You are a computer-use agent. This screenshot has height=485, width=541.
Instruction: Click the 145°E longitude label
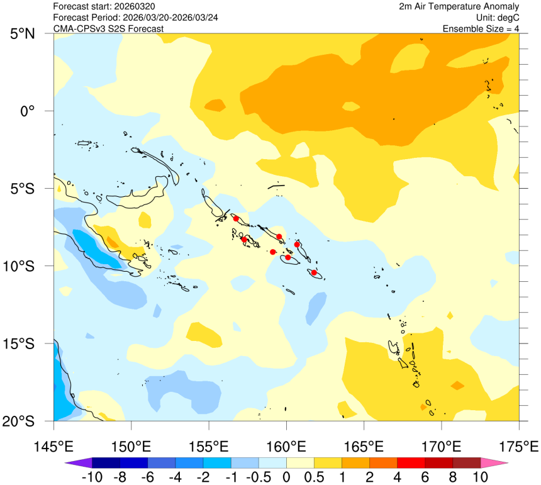(x=53, y=447)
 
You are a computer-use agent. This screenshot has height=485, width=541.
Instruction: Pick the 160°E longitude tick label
(x=286, y=447)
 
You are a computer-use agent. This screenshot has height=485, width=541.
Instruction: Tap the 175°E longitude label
(x=519, y=447)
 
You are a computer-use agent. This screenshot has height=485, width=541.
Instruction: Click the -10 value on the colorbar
(x=92, y=477)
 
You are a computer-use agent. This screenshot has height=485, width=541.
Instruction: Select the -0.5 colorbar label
(x=259, y=477)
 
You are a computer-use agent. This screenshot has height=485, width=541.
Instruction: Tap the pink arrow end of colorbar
(x=495, y=464)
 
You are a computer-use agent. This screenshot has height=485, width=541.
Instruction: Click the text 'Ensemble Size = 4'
(x=481, y=29)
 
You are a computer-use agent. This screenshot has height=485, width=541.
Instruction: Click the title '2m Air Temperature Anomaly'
(x=459, y=6)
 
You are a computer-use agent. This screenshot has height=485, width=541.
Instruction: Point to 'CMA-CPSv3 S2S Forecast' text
(x=109, y=29)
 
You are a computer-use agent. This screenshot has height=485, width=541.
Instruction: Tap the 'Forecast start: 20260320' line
(x=104, y=6)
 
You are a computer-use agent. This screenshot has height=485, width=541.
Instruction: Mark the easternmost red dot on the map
(x=314, y=272)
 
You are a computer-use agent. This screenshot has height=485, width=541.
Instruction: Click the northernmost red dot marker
(x=236, y=218)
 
